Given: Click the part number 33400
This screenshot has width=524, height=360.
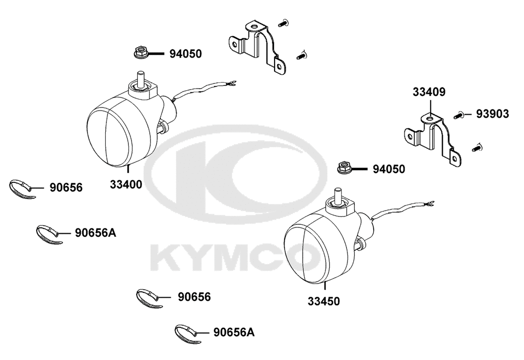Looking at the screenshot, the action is click(126, 184).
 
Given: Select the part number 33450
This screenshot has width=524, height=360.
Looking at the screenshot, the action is click(323, 301).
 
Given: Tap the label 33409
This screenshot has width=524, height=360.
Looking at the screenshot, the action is click(429, 92).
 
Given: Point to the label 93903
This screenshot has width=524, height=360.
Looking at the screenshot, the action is click(493, 114).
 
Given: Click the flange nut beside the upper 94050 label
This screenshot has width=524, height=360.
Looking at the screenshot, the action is click(140, 53).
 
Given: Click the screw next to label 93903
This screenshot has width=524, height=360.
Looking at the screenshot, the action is click(458, 115).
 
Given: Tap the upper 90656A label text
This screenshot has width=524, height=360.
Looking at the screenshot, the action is click(95, 233).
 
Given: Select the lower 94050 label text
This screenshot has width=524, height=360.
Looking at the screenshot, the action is click(389, 169).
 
